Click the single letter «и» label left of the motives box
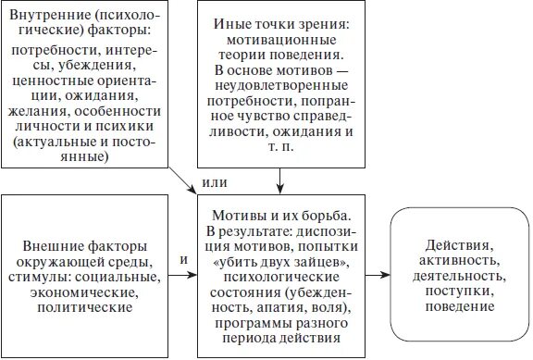pos(182,260)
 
